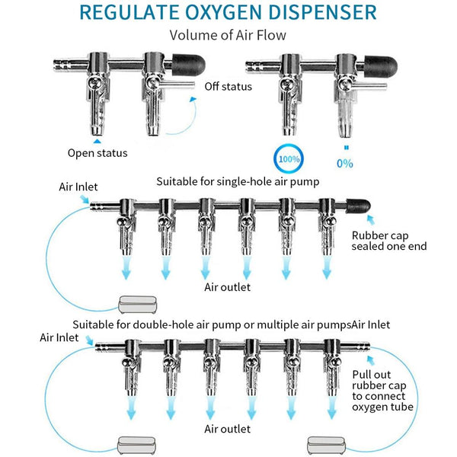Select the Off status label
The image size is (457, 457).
point(228,86)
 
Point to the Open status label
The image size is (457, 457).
point(97,153)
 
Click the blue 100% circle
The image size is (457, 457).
point(289,161)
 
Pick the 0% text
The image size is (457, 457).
point(345,163)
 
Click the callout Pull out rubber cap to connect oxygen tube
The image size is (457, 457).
point(382,391)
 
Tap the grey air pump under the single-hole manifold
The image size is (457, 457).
point(138,305)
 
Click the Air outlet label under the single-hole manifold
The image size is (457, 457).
point(227,287)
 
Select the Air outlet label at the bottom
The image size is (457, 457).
point(227,429)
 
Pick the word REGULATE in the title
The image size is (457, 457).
point(128,13)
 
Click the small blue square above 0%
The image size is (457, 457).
point(346,148)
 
